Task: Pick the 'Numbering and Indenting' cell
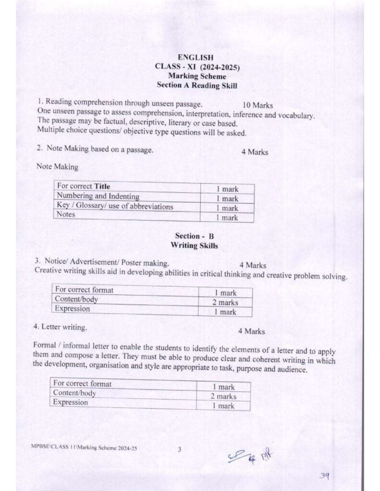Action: pos(98,196)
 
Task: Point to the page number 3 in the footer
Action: pos(179,450)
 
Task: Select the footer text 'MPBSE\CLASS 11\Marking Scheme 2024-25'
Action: pos(81,447)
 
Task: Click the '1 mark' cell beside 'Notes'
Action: pos(227,218)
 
